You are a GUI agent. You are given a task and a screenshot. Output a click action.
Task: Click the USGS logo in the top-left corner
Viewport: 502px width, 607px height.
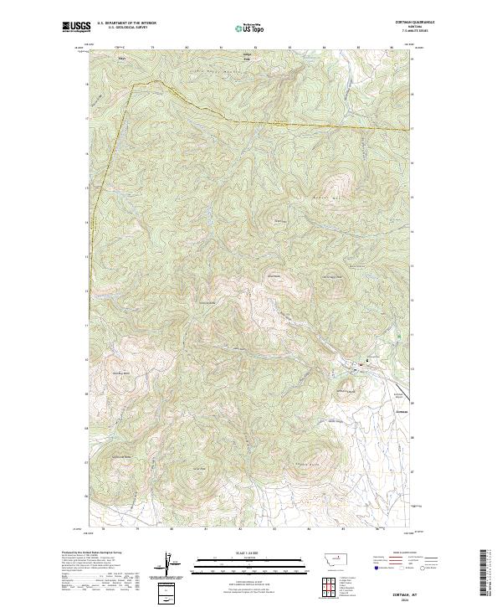pos(74,27)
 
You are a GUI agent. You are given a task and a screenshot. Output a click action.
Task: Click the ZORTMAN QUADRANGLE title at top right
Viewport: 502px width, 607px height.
pos(416,21)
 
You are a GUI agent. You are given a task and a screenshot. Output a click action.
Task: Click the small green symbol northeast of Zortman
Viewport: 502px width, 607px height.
pos(398,337)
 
